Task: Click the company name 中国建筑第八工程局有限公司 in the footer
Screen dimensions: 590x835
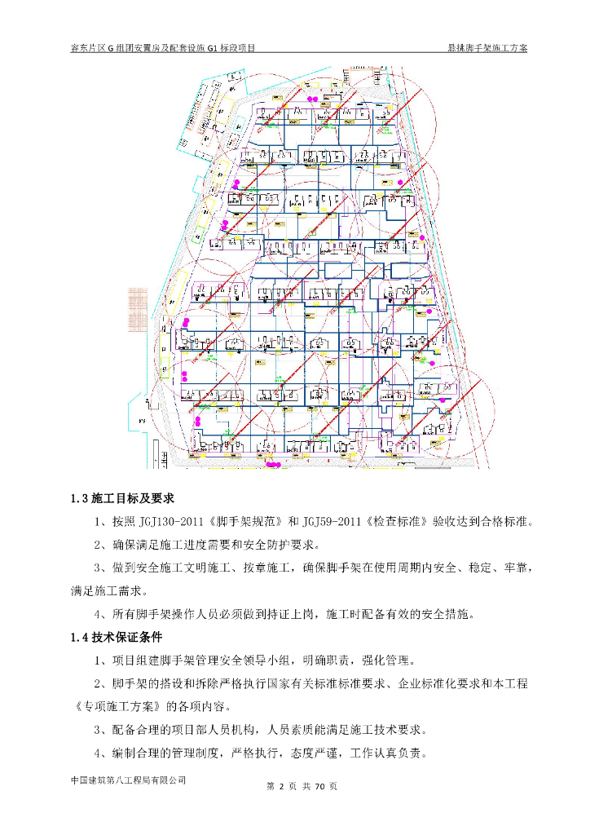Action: (x=129, y=780)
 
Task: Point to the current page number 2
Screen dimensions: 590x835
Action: (x=280, y=788)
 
